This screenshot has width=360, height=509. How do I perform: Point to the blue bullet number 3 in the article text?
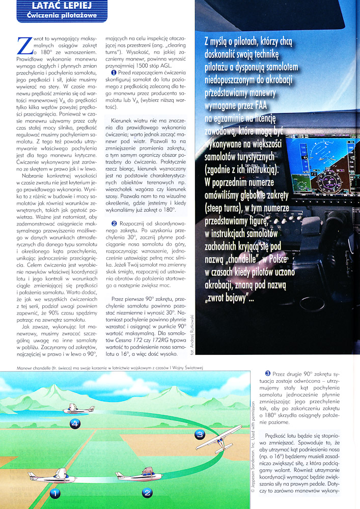(268, 374)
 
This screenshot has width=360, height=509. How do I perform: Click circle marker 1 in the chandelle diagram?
(55, 492)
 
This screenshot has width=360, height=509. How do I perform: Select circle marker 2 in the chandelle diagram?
(147, 492)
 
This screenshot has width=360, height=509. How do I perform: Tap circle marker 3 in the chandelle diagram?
(200, 434)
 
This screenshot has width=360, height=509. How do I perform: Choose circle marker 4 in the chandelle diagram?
(75, 423)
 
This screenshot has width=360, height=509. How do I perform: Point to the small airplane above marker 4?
(77, 409)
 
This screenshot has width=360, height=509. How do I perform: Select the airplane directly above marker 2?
(137, 475)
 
